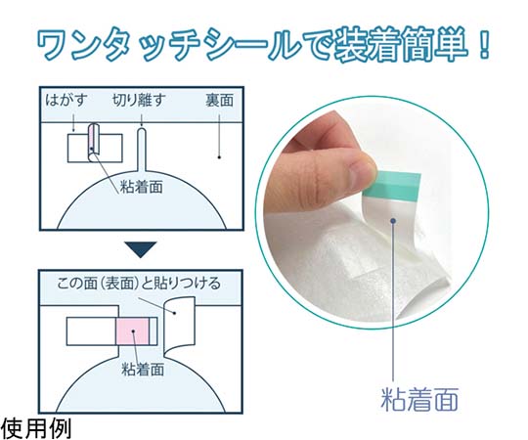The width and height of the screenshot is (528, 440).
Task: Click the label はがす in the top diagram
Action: (66, 101)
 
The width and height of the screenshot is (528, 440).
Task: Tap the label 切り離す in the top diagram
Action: (139, 101)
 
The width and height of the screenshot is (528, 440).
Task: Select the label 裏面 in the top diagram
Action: (219, 101)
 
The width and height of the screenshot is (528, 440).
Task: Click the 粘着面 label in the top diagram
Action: (142, 187)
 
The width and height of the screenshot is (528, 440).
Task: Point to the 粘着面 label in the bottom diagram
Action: (143, 369)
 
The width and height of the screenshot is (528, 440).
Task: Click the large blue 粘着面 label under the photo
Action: (419, 400)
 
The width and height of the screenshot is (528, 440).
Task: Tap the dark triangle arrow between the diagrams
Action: (141, 249)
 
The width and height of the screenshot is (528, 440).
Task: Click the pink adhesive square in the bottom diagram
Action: (133, 331)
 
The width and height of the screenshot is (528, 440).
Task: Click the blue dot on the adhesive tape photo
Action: (393, 221)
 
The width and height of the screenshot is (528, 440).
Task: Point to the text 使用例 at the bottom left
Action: (36, 428)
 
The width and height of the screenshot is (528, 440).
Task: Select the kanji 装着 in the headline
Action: (369, 46)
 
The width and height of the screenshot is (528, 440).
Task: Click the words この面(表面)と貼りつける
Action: (139, 284)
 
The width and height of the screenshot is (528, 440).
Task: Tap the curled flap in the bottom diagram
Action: (179, 325)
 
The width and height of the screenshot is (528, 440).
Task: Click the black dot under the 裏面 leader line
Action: (219, 156)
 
